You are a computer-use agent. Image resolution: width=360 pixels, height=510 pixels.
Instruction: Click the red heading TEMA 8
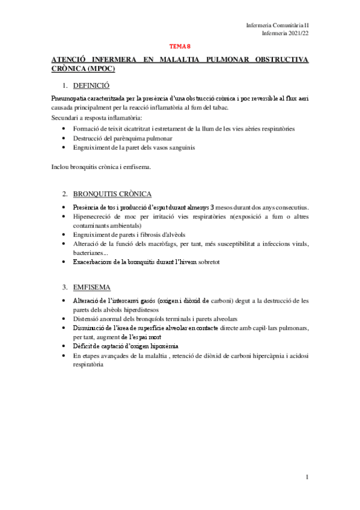click(x=180, y=45)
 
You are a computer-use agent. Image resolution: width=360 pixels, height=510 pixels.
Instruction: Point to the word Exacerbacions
click(x=94, y=262)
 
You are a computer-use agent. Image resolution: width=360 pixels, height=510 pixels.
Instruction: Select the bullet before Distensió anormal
click(x=65, y=319)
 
